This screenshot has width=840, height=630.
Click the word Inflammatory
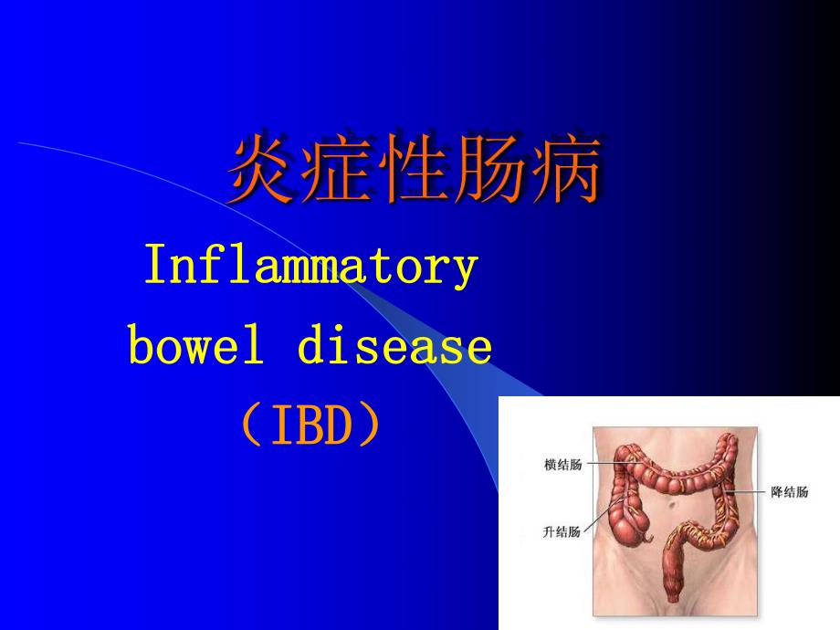311,268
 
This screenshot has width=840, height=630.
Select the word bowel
190,347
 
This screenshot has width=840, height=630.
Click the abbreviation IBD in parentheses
310,427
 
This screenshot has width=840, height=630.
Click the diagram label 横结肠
562,464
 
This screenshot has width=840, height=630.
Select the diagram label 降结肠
788,492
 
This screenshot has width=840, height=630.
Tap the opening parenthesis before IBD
252,427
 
